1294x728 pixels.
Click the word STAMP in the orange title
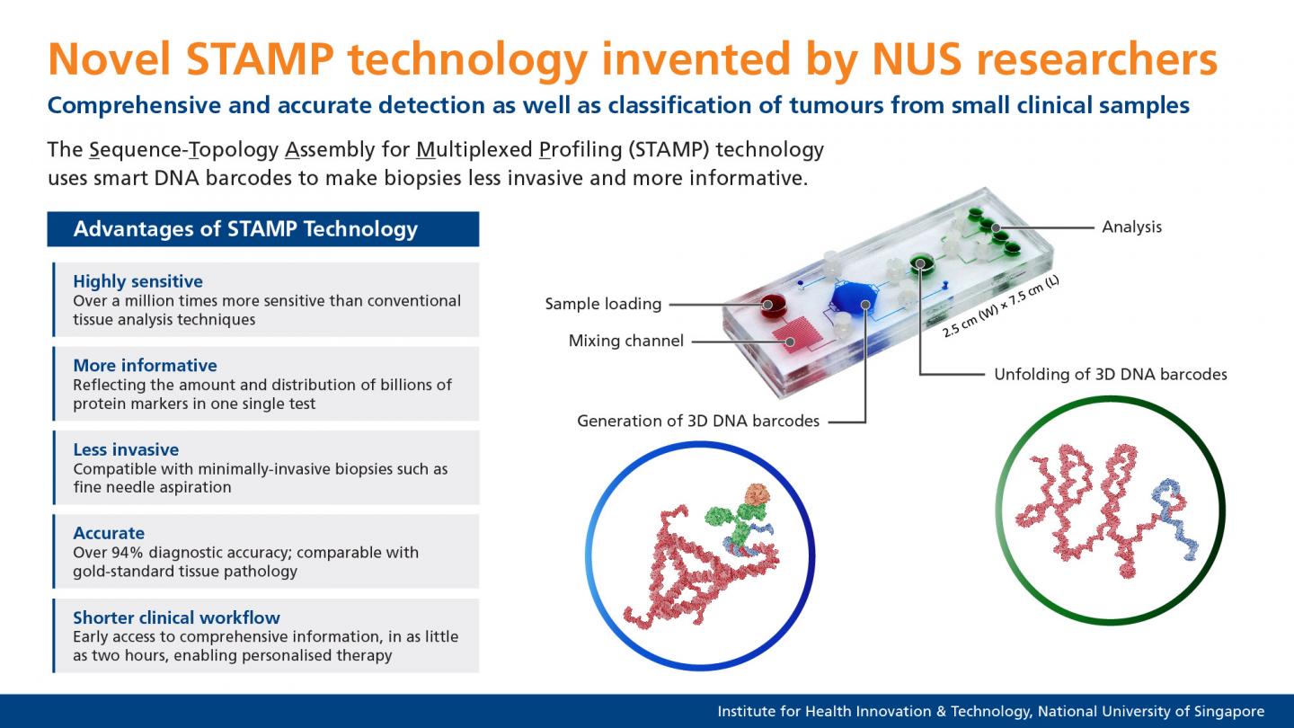tap(259, 59)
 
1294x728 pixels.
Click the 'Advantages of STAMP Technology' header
tap(245, 229)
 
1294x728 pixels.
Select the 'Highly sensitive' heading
tap(137, 281)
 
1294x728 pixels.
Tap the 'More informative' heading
tap(145, 365)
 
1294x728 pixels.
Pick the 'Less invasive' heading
tap(126, 449)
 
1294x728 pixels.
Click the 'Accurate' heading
tap(109, 533)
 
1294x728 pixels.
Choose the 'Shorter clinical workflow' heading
tap(176, 617)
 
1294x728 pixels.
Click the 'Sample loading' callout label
tap(603, 304)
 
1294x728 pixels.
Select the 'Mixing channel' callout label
tap(625, 341)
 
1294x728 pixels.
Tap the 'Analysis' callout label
tap(1131, 226)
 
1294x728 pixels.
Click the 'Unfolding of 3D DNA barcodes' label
tap(1110, 374)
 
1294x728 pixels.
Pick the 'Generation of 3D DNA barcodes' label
tap(698, 421)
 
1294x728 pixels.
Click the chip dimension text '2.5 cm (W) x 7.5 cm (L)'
tap(1000, 306)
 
